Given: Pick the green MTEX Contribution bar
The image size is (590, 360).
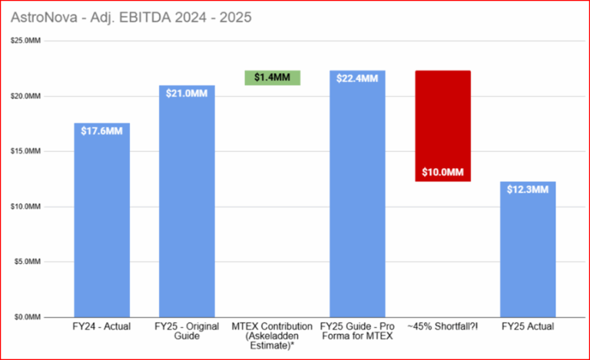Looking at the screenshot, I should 272,78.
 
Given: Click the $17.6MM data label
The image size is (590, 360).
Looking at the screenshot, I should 101,130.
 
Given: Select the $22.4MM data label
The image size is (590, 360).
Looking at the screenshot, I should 357,78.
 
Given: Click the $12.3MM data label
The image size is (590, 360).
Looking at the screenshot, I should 528,190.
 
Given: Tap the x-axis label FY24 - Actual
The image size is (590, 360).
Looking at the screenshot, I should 101,327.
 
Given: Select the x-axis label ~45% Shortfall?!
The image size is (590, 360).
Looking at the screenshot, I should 442,327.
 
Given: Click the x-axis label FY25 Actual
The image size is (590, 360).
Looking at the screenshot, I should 528,327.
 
